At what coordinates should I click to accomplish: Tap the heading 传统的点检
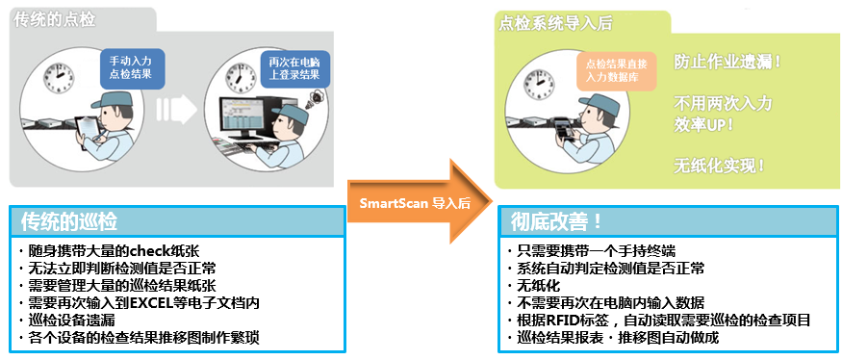(55, 20)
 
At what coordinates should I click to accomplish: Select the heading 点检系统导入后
(555, 23)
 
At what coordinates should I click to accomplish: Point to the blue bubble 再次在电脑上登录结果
(293, 68)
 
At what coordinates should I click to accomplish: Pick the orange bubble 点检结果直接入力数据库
(617, 70)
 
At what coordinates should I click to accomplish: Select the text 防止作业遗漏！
(728, 62)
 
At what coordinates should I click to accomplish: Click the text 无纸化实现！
(720, 166)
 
